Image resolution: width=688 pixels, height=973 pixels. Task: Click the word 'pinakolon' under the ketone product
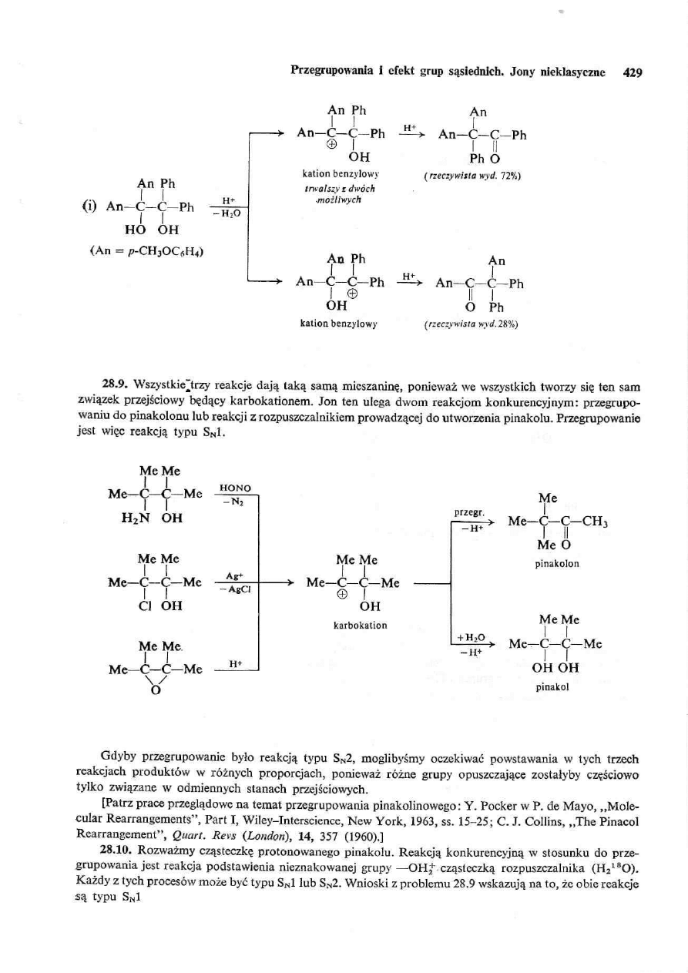pyautogui.click(x=557, y=563)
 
